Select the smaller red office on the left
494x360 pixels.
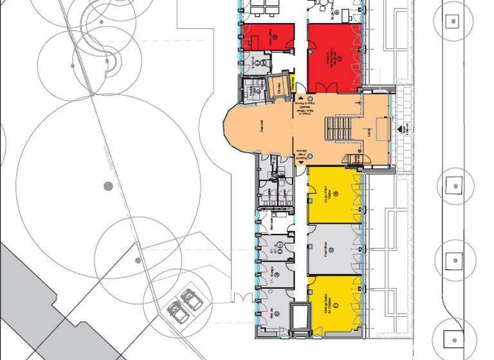[x=268, y=37]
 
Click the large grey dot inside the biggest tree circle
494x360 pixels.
[x=108, y=186]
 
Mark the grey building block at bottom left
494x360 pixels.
[x=39, y=302]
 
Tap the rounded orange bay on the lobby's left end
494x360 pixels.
[x=239, y=129]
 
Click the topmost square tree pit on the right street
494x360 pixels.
[x=454, y=20]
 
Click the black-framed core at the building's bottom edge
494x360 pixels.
[x=300, y=319]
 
